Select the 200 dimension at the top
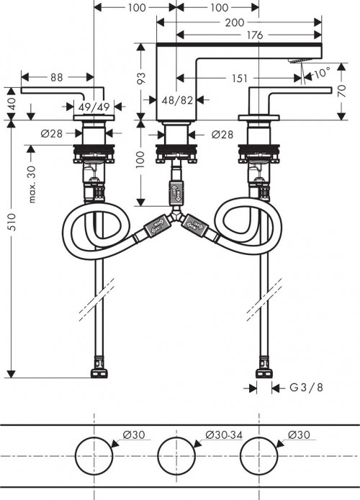[233, 22]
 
